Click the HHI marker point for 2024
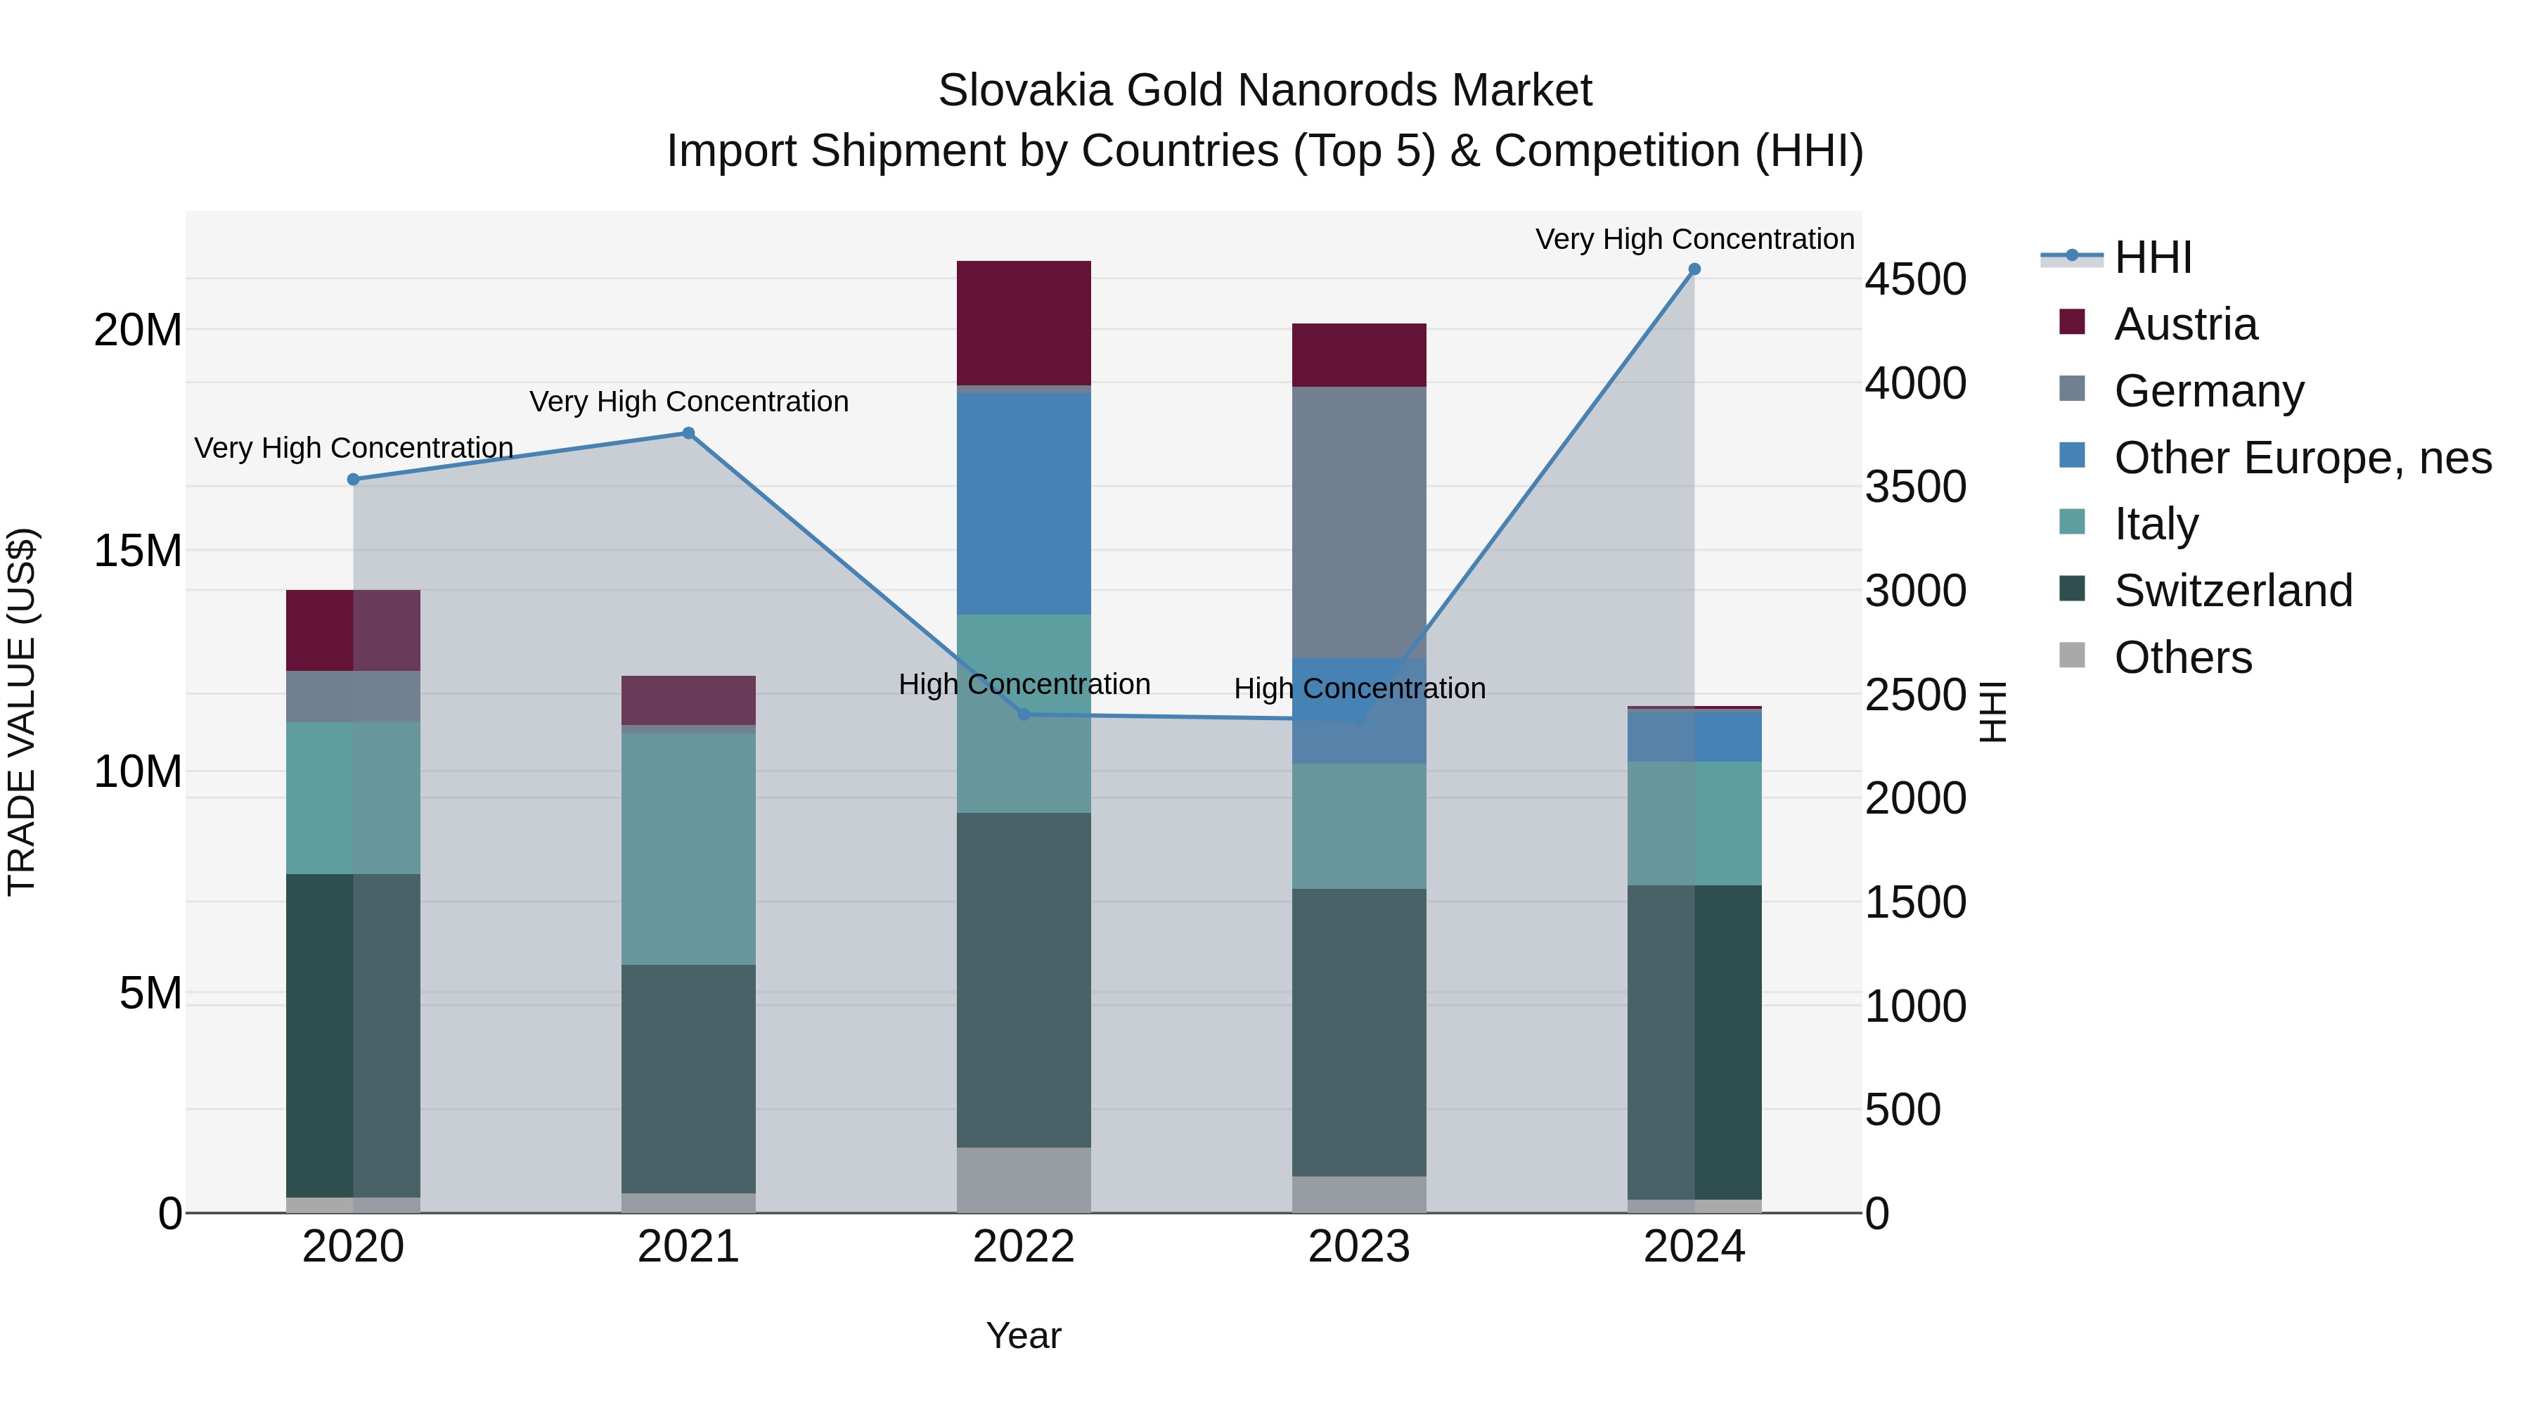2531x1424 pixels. point(1694,269)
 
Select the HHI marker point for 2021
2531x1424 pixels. point(689,433)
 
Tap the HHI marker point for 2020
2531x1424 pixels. point(354,480)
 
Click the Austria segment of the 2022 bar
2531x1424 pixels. point(1024,322)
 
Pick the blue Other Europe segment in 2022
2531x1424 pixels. point(1024,503)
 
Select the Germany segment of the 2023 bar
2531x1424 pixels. point(1359,521)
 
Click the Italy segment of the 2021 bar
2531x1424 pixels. point(689,848)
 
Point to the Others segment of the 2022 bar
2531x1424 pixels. point(1024,1179)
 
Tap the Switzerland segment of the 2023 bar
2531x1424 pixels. point(1359,1032)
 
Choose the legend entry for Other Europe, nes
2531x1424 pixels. point(2302,458)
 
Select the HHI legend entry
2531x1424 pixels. point(2152,257)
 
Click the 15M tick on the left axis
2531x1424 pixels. point(138,551)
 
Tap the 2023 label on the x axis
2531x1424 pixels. point(1359,1247)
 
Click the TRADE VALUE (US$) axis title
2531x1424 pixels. point(22,712)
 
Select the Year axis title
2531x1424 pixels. point(1024,1335)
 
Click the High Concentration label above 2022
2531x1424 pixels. point(1024,684)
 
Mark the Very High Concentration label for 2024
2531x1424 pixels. point(1694,239)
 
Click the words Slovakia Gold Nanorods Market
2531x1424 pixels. point(1265,91)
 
